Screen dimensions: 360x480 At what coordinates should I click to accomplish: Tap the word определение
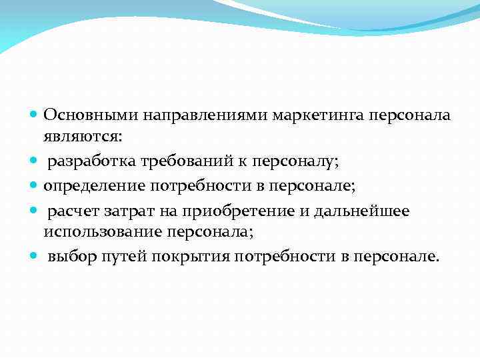89,185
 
